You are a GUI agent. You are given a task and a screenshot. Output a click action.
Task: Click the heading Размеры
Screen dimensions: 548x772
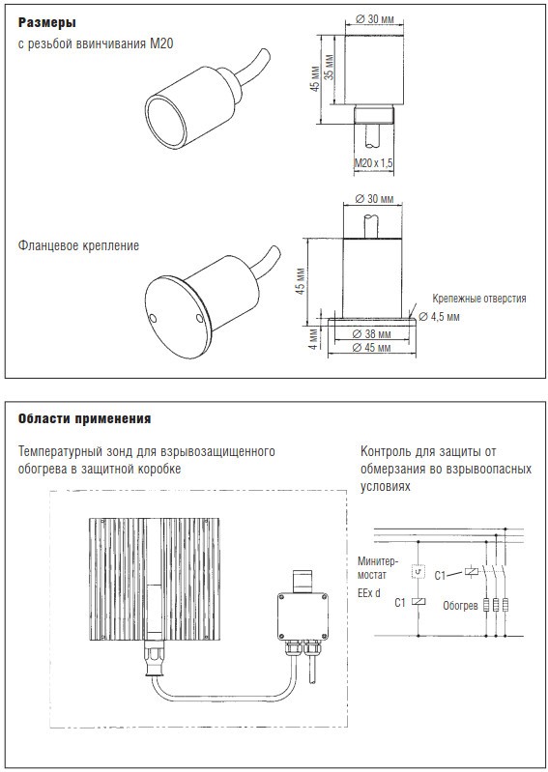(46, 22)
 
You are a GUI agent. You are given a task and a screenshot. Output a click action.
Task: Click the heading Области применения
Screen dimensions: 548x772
(84, 419)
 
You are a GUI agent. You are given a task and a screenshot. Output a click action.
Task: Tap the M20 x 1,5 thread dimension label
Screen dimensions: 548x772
(374, 162)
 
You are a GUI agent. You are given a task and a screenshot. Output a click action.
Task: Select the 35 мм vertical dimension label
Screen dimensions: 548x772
(330, 68)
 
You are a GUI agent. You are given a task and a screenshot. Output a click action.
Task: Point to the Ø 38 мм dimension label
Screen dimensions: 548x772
(372, 334)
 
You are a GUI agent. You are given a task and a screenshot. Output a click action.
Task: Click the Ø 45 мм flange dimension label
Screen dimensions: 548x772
(372, 348)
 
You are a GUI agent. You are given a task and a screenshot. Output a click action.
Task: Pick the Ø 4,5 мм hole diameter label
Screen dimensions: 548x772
(439, 317)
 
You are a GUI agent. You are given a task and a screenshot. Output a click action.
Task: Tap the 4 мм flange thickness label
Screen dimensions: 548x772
(313, 339)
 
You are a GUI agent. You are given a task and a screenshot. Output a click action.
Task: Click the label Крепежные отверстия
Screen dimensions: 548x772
(479, 299)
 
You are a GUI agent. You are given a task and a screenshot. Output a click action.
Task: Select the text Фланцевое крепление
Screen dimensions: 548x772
(79, 245)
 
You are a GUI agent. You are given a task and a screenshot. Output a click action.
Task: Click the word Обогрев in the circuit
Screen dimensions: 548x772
(460, 606)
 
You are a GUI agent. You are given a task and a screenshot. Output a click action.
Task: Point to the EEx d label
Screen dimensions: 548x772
(369, 593)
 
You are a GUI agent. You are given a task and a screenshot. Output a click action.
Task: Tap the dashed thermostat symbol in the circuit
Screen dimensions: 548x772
(418, 571)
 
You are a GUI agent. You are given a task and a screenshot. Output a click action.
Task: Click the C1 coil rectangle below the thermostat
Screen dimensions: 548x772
(418, 601)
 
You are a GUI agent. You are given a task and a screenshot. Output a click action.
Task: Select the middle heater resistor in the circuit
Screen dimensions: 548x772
(495, 605)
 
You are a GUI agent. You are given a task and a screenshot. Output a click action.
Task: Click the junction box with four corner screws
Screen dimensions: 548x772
(303, 615)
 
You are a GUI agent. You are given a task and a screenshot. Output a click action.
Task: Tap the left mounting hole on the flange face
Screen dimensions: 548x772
(153, 319)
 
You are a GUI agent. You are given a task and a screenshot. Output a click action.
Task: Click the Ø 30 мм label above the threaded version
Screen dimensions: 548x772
(374, 19)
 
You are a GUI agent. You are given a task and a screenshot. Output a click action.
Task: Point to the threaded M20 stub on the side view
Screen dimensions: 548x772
(374, 115)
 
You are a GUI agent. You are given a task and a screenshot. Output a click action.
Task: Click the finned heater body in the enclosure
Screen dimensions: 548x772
(155, 578)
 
